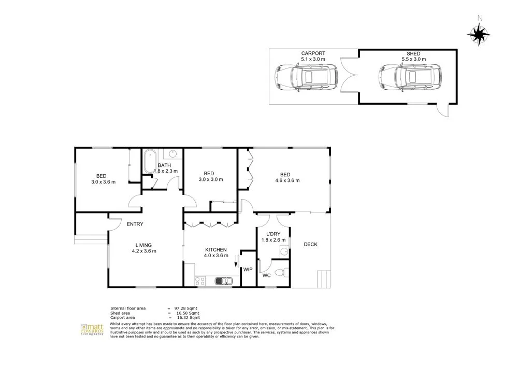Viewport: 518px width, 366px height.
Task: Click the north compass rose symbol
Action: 479,34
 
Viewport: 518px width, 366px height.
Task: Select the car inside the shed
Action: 407,77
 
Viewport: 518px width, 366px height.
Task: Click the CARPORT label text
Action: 313,53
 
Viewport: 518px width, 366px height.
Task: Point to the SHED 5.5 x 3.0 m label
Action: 413,57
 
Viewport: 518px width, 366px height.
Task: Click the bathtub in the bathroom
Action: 150,161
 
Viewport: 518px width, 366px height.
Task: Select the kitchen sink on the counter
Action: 224,281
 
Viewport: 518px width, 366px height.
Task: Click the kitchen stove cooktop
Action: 200,281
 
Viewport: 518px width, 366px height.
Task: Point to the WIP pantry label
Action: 248,270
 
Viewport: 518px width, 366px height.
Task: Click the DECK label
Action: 310,245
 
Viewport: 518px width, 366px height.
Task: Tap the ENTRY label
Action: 135,224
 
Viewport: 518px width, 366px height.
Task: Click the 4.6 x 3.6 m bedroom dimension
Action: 287,180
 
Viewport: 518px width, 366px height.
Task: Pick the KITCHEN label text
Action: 215,249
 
